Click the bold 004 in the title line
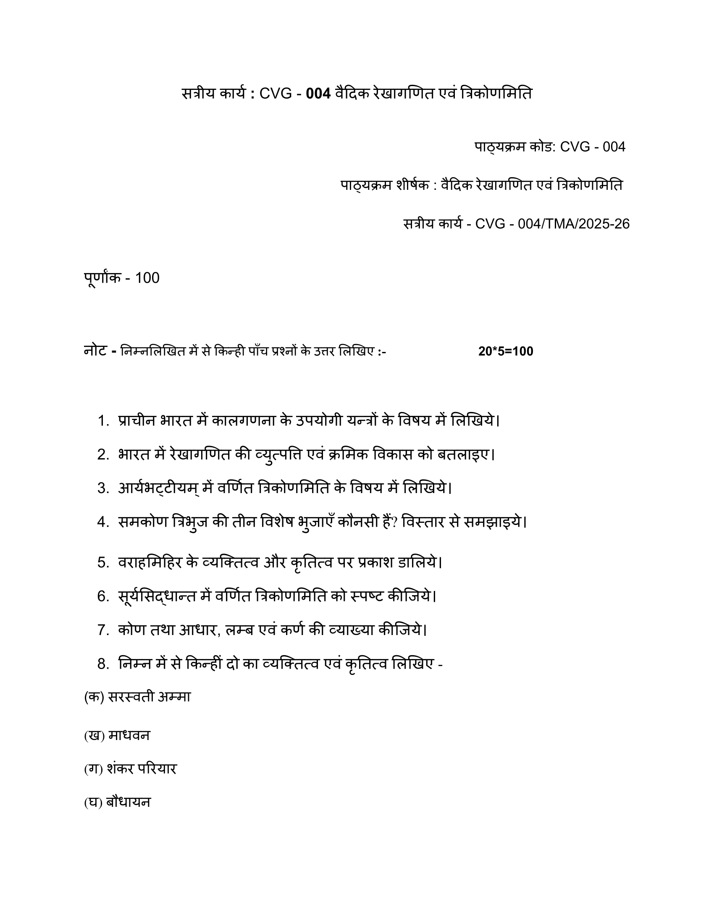[318, 94]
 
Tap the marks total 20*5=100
[505, 352]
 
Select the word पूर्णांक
[102, 278]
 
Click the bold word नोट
[95, 351]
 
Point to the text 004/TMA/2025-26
[574, 224]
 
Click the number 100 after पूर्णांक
[147, 278]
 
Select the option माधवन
[129, 736]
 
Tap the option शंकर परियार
[142, 769]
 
